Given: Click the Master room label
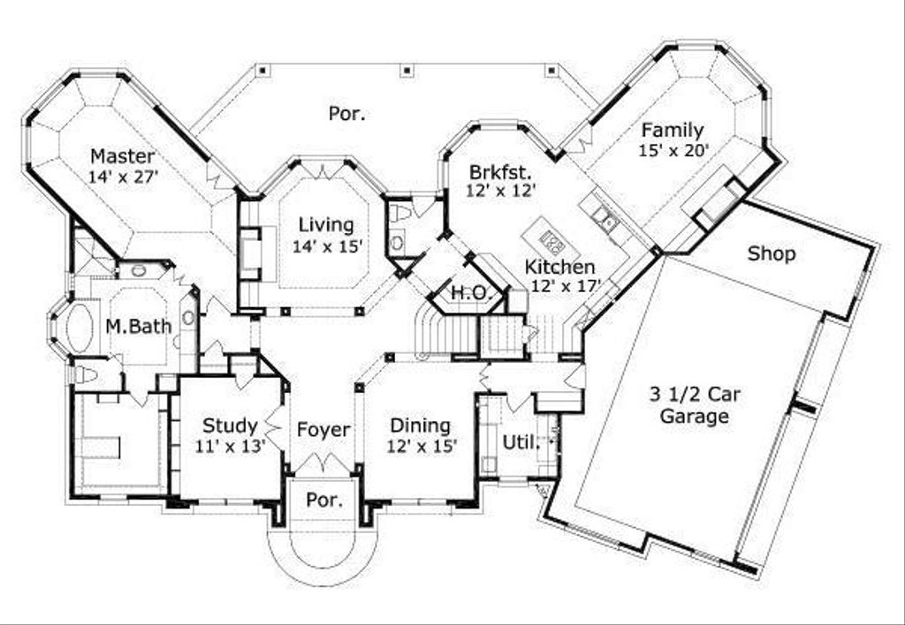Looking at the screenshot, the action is [x=122, y=156].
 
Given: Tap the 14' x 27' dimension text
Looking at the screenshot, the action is [x=124, y=177].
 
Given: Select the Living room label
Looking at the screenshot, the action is [x=326, y=225].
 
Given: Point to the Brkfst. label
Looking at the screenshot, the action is [x=500, y=172].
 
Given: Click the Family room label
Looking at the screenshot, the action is [x=673, y=131].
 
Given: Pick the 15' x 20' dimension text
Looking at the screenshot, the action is [x=673, y=150].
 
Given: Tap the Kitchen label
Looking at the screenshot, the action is [x=559, y=267].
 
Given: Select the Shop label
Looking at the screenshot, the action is [x=772, y=253].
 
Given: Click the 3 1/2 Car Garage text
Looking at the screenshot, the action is [x=695, y=405].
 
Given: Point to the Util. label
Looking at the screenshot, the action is [x=521, y=443].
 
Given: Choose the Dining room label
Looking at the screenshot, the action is [x=420, y=426].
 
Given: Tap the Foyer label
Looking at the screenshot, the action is [x=323, y=430].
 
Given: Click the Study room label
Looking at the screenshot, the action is [x=231, y=426].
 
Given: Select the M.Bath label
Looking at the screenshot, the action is [x=139, y=327].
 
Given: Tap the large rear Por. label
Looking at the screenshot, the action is [x=346, y=114].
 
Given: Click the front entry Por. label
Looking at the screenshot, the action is [x=324, y=500].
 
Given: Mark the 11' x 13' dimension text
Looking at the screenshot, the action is [x=231, y=447].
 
